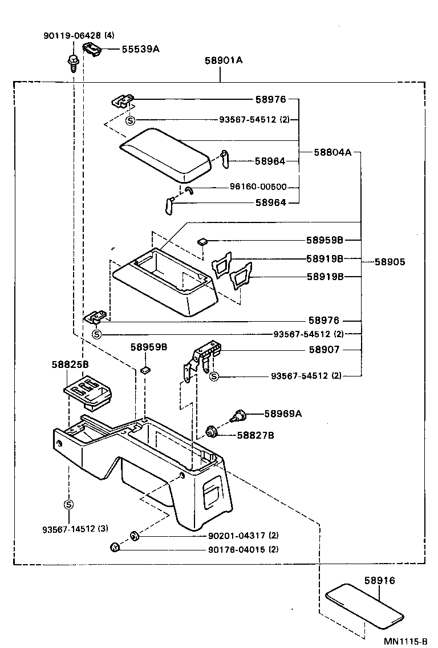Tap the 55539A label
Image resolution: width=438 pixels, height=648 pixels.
click(x=140, y=49)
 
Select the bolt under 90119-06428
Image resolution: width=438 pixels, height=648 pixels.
click(x=73, y=61)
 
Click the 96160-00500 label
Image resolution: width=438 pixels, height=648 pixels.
click(x=258, y=187)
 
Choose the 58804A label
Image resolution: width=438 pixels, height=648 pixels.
click(x=332, y=152)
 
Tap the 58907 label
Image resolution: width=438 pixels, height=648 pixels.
click(x=324, y=350)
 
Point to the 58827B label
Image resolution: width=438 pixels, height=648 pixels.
click(x=255, y=435)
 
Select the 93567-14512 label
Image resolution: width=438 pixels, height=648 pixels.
click(x=75, y=528)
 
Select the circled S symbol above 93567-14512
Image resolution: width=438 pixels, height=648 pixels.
click(x=68, y=504)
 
